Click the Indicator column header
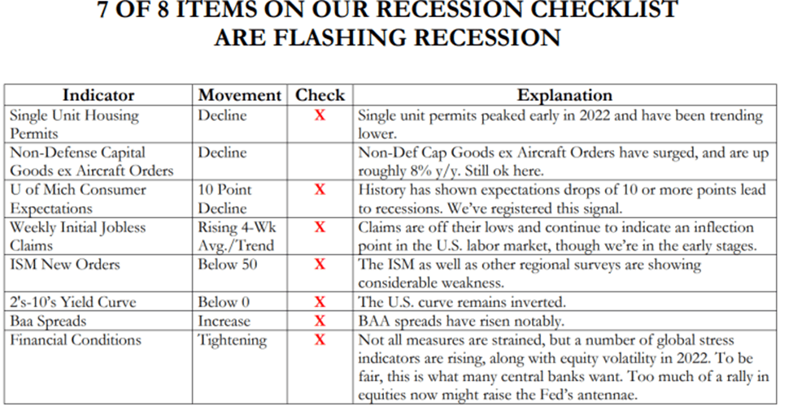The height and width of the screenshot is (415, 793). [x=98, y=95]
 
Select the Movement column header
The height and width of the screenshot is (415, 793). [x=240, y=95]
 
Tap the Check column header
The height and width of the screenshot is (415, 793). [x=320, y=95]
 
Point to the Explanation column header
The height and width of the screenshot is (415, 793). [x=564, y=95]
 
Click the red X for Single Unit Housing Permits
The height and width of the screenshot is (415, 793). [x=320, y=115]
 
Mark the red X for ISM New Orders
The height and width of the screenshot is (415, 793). [x=320, y=265]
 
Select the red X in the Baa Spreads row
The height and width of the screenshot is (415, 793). [x=320, y=321]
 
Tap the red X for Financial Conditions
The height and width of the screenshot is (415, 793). [x=320, y=339]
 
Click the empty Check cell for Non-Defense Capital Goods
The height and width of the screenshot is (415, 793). [x=320, y=162]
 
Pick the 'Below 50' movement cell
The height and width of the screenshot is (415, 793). [x=228, y=265]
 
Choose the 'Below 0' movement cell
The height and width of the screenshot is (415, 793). [x=224, y=302]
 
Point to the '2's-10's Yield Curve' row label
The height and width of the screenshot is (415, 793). [x=73, y=302]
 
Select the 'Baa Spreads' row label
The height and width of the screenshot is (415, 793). [x=48, y=322]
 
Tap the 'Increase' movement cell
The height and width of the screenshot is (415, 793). [x=224, y=321]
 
